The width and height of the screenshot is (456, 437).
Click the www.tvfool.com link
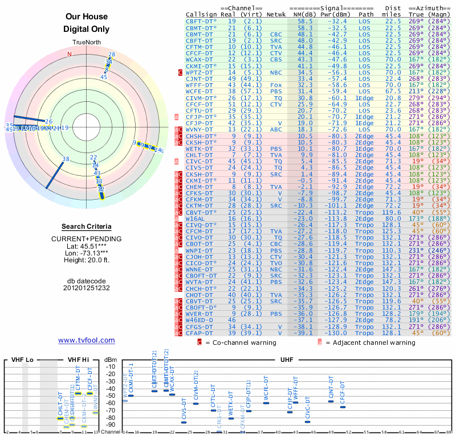coord(87,340)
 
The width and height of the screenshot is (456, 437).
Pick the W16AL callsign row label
coord(195,218)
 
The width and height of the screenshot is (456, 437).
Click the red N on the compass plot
coord(70,55)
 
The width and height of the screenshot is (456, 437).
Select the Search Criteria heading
coord(87,226)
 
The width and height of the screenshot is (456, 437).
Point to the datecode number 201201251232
coord(87,288)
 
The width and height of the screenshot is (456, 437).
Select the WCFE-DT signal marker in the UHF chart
coord(266,403)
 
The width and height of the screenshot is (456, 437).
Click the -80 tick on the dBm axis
coord(111,418)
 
